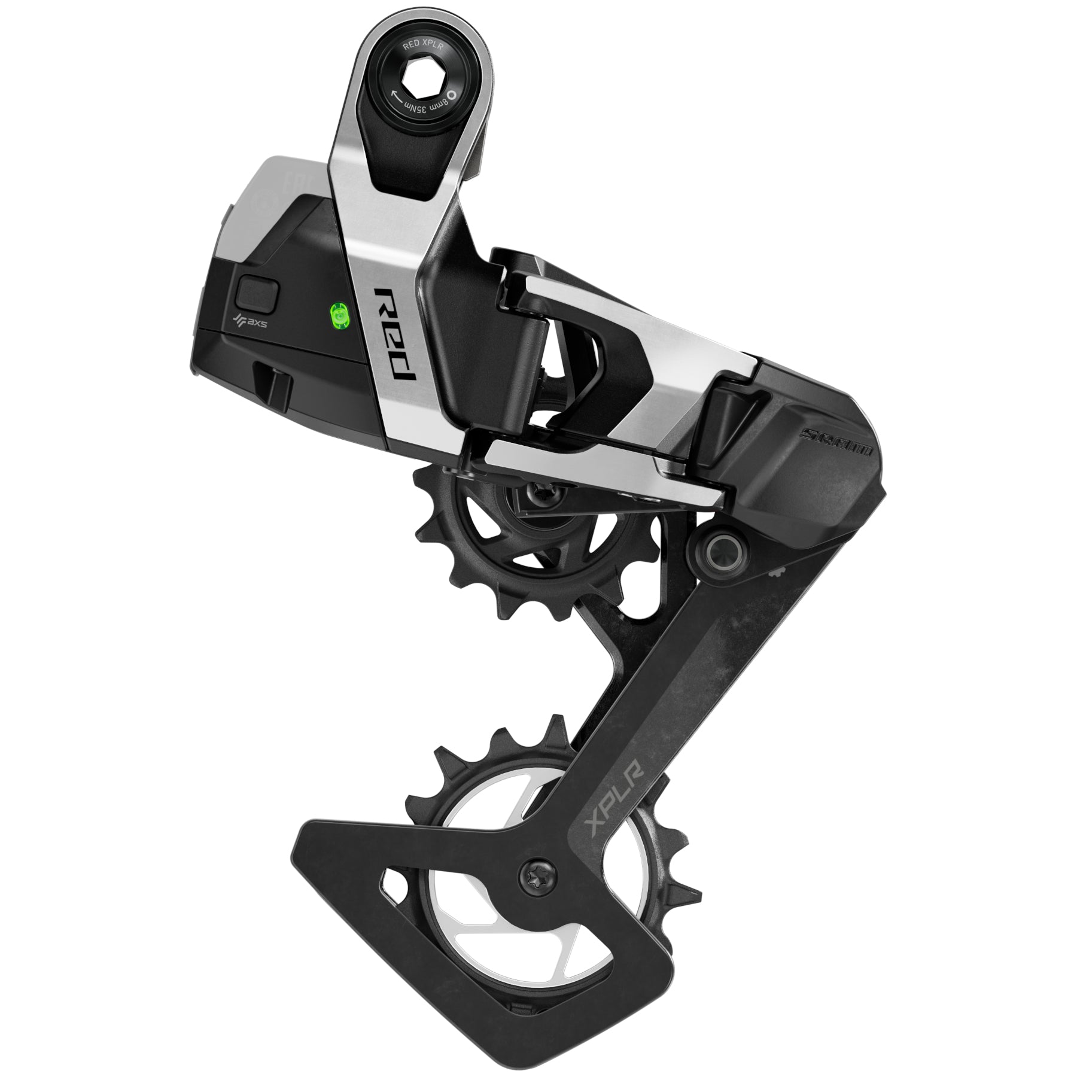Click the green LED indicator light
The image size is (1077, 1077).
[x=338, y=315]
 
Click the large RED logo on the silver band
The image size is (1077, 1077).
[x=395, y=333]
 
